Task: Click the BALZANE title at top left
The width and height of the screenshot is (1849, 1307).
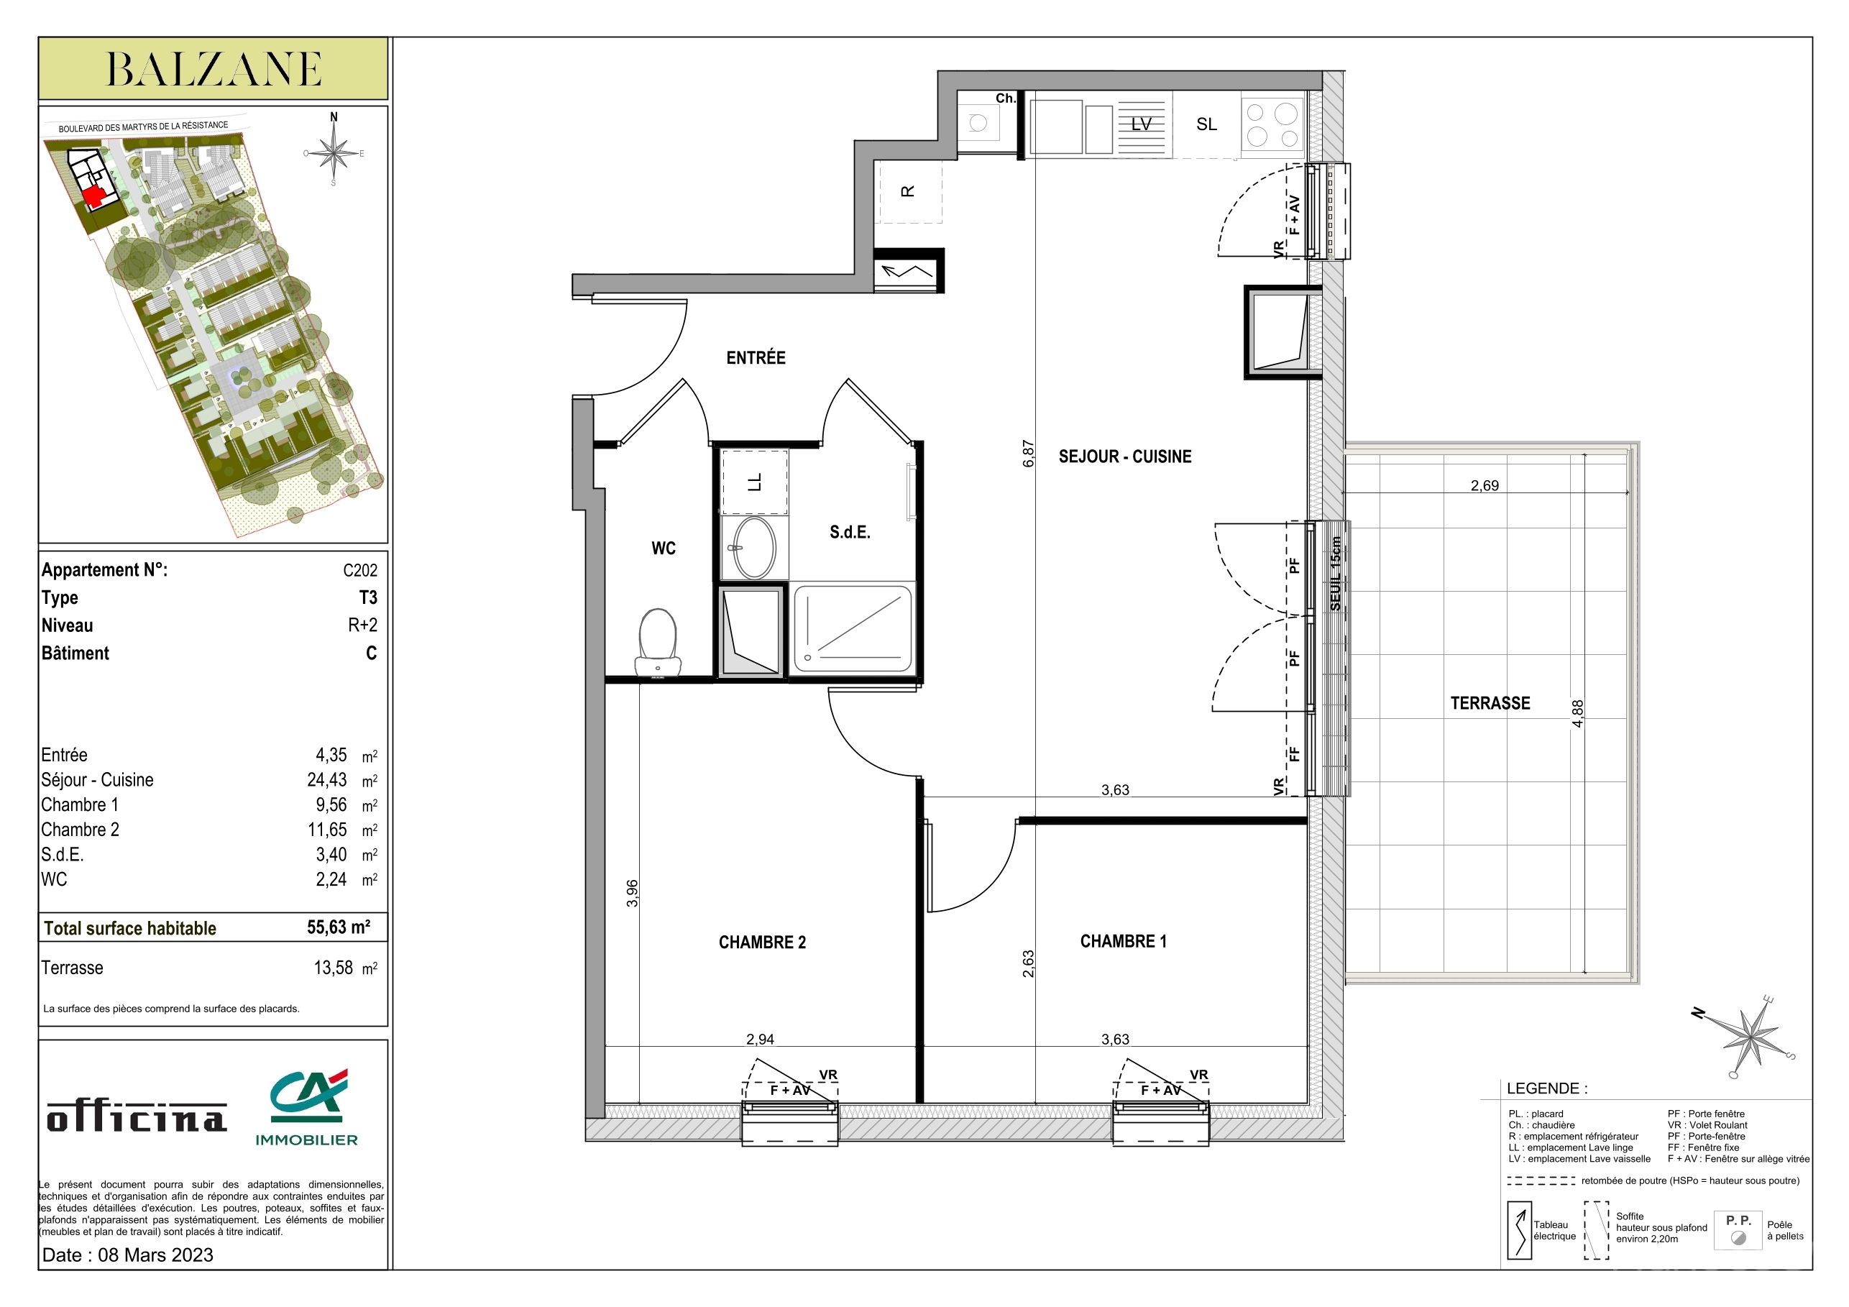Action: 214,69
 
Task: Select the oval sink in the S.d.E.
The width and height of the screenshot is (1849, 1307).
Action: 754,548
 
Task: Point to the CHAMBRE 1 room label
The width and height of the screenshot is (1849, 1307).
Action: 1123,941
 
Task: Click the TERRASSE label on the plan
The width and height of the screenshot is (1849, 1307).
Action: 1490,703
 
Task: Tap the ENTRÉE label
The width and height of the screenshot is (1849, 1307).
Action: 756,357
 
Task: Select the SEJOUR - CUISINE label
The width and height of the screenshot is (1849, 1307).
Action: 1124,457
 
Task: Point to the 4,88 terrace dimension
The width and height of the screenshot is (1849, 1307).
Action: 1577,713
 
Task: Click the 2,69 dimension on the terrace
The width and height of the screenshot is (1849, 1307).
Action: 1485,485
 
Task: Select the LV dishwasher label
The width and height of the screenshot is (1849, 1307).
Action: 1141,124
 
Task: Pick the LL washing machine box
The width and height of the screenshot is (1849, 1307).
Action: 755,482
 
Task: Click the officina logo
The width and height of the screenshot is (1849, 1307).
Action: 137,1117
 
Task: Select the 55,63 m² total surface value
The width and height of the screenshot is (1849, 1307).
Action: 338,927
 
